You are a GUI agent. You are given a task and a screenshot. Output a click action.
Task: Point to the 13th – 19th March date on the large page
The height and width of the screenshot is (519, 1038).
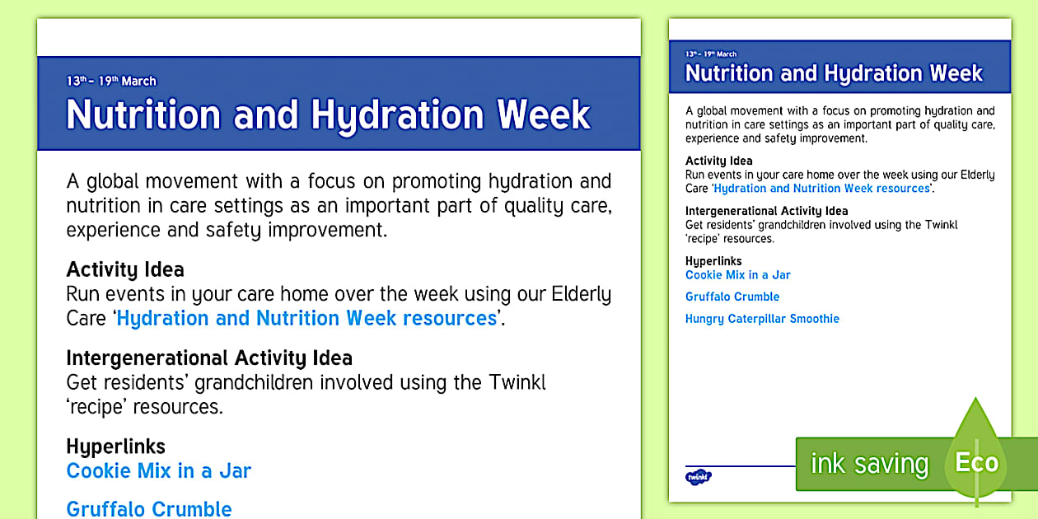pos(111,81)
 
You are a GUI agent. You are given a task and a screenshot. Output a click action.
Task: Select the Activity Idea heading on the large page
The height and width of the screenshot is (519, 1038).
pos(125,269)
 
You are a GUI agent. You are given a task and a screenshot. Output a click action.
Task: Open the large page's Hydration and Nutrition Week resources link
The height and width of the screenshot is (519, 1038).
pos(306,318)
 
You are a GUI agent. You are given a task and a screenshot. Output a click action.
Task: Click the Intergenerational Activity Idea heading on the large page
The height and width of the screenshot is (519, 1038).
pos(209,358)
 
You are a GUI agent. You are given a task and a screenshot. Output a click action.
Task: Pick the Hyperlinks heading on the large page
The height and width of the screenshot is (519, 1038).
pos(115,447)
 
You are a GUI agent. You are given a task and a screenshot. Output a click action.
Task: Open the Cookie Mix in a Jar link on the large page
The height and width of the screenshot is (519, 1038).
pos(158,470)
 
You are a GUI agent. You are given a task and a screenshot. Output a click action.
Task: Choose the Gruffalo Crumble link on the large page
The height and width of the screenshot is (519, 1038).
pos(149,508)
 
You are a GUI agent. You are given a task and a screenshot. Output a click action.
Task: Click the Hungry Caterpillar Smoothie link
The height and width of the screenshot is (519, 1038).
pos(762,319)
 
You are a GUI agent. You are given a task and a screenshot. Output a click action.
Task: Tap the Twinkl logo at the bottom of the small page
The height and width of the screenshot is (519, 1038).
pos(698,476)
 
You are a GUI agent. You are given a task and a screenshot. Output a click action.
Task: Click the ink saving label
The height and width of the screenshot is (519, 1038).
pos(869,464)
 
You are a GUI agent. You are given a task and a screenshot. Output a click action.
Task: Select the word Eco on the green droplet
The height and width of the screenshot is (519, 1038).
pos(976,463)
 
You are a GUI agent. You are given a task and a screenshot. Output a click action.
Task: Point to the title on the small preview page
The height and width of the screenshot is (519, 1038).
pos(834,73)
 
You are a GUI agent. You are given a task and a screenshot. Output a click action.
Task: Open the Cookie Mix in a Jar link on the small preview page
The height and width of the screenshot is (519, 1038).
pos(737,275)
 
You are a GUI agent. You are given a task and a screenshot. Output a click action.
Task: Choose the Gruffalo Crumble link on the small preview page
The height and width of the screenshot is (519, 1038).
pos(732,297)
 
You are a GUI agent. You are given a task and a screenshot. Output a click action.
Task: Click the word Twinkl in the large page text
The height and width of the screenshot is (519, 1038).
pos(517,382)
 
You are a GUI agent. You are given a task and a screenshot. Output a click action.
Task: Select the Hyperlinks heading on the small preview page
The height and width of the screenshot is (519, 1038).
pos(713,261)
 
